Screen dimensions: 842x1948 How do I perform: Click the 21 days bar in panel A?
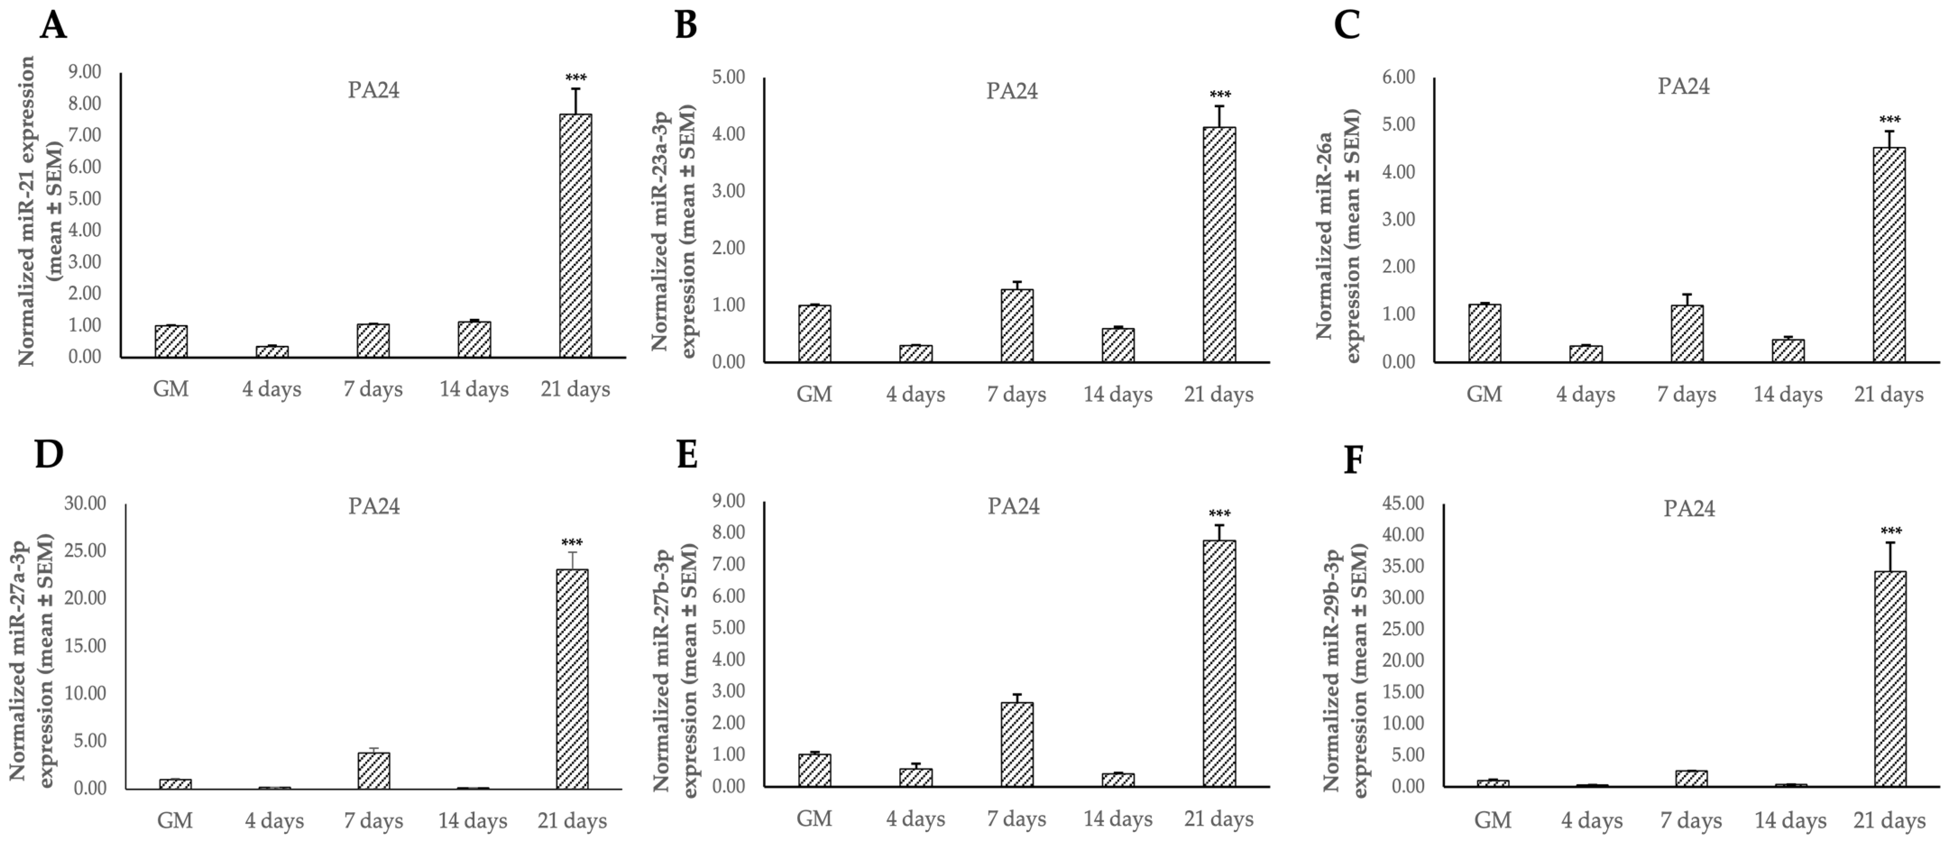(575, 235)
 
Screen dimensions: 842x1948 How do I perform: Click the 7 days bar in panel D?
(373, 770)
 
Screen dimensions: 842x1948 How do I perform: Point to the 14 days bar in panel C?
(1787, 350)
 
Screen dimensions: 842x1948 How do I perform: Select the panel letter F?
(1353, 460)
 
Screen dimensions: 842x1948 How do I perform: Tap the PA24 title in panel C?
(1683, 86)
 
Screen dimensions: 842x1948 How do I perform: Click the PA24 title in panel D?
(373, 505)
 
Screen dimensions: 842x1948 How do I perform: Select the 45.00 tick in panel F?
(1403, 503)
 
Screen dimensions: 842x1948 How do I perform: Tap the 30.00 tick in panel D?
(86, 503)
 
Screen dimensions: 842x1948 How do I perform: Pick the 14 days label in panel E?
(1118, 819)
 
